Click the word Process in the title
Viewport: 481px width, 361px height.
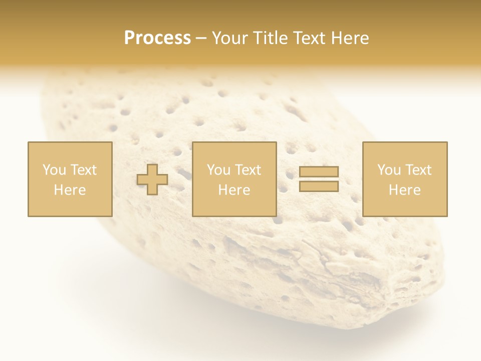[x=157, y=38]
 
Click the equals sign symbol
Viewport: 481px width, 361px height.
[x=319, y=179]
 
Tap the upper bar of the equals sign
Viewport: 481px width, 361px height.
[x=319, y=172]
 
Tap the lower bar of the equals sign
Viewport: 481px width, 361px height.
[x=319, y=186]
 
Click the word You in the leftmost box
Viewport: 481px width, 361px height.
[x=54, y=170]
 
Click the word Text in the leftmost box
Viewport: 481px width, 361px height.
[x=83, y=170]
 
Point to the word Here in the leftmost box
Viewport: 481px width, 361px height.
[x=70, y=190]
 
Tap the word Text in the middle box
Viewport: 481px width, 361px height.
[x=248, y=170]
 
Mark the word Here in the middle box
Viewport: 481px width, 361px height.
[x=234, y=190]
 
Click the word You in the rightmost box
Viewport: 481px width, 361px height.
[x=389, y=170]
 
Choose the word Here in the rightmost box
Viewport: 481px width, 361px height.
[x=404, y=190]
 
